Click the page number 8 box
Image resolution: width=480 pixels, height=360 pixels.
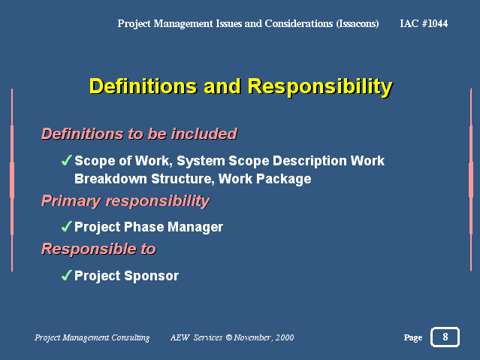445,337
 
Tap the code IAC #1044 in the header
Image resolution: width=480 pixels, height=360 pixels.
424,23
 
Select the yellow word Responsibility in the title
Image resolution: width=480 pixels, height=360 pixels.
320,86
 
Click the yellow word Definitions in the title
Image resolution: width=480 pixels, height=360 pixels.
143,86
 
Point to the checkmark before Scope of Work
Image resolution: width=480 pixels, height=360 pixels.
66,160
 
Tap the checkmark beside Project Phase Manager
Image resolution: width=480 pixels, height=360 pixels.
66,226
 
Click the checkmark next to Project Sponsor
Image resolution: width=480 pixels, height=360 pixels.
66,275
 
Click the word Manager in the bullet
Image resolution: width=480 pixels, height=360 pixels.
195,227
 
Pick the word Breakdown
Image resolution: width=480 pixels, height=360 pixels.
110,179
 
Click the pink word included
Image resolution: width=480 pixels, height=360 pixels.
204,134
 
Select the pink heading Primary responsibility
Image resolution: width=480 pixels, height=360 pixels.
125,201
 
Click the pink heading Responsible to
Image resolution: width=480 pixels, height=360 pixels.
98,249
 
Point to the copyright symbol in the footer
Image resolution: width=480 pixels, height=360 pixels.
228,337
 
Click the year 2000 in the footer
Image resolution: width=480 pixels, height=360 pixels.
285,337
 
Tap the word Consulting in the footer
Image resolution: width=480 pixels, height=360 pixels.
131,337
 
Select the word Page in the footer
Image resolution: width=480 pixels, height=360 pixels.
413,337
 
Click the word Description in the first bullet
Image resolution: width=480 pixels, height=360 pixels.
309,161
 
